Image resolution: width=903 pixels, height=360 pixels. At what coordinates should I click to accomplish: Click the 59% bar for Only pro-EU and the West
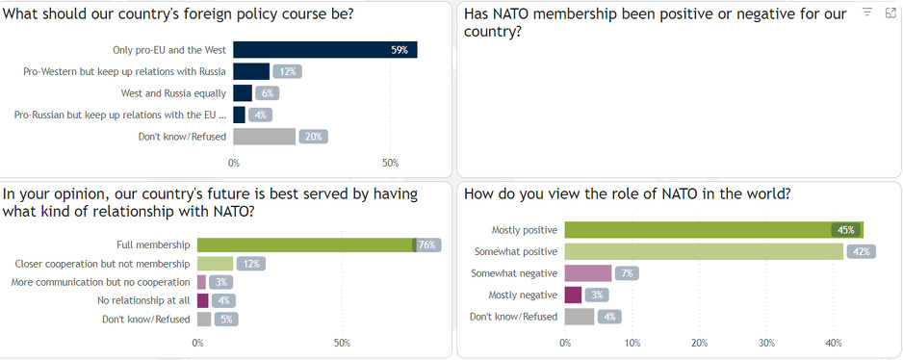324,50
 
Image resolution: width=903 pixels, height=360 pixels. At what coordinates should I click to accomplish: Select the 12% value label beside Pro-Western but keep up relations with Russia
287,71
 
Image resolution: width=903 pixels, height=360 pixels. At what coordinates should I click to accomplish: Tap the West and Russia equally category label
173,93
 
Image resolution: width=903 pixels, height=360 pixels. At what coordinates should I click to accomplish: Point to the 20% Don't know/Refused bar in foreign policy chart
264,137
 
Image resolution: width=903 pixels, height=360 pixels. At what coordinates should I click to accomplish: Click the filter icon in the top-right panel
867,13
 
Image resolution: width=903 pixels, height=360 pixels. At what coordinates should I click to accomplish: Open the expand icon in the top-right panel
890,13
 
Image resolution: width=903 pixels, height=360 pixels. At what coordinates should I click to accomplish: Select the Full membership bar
306,245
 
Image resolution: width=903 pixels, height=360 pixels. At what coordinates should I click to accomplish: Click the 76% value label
428,245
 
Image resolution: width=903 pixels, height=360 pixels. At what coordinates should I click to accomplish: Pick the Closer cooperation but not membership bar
216,264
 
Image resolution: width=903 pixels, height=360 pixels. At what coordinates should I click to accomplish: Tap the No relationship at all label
144,300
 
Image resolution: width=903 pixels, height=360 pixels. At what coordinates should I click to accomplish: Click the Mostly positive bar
713,230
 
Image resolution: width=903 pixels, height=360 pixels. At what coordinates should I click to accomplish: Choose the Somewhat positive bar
704,252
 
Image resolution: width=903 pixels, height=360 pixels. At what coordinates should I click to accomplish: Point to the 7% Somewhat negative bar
587,273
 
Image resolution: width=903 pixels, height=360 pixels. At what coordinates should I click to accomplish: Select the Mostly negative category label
524,295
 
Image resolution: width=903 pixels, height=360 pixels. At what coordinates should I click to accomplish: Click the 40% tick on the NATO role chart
834,343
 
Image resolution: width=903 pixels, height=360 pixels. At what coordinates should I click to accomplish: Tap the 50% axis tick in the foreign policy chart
390,163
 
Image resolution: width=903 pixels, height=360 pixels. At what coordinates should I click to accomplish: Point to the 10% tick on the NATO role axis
632,343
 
